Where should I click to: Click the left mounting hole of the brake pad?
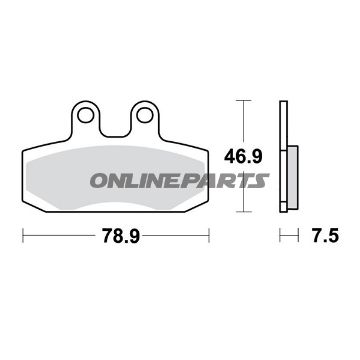(85, 115)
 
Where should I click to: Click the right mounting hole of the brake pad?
(144, 115)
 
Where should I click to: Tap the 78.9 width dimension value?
(120, 236)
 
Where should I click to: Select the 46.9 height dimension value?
(243, 156)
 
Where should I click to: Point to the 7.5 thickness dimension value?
(326, 236)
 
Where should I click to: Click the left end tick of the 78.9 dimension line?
(23, 235)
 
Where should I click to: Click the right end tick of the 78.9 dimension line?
(209, 235)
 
